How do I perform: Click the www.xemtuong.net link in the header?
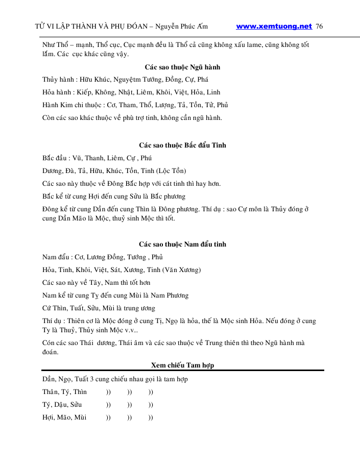(274, 26)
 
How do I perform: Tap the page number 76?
(320, 26)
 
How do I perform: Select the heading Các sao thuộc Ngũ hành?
(182, 67)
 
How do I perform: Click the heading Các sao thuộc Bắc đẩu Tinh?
(182, 145)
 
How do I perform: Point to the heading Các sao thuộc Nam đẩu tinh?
(182, 244)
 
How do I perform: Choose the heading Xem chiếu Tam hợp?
(182, 365)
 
